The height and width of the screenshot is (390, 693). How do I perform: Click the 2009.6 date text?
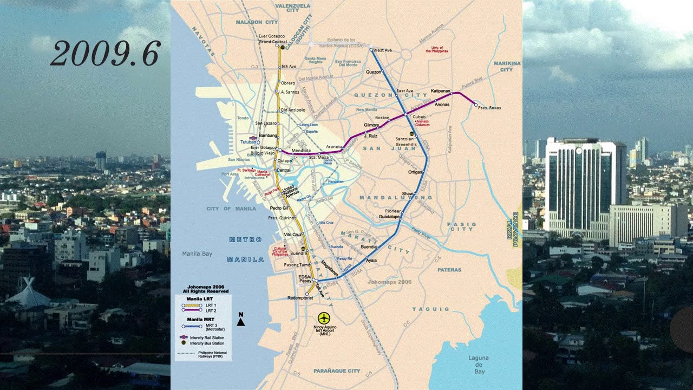point(105,54)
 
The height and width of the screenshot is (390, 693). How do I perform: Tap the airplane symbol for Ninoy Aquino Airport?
point(324,317)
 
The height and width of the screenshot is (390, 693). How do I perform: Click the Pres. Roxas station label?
point(489,108)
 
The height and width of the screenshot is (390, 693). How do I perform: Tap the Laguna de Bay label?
point(479,365)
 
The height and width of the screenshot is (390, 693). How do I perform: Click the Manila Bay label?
point(197,253)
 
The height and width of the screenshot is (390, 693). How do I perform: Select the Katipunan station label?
point(441,91)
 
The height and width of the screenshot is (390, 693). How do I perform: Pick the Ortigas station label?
point(415,172)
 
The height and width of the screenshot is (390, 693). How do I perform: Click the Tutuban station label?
point(248,142)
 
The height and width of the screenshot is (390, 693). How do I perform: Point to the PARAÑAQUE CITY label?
point(336,371)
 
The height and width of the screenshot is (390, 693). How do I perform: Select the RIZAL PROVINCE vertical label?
point(515,229)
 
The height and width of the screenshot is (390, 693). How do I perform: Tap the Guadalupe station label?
point(389,216)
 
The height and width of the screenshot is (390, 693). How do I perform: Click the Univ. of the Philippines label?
point(434,49)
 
